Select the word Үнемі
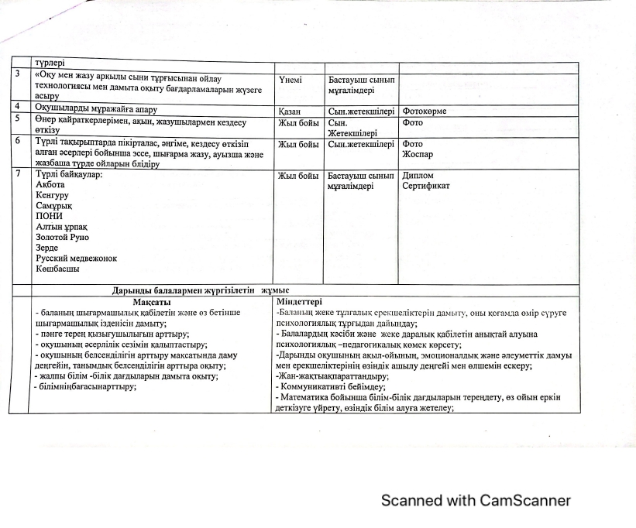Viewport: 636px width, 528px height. click(290, 80)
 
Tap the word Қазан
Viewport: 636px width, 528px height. click(290, 111)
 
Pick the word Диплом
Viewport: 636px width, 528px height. click(418, 176)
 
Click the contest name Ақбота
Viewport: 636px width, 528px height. click(50, 185)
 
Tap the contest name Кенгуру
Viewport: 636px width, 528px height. click(53, 196)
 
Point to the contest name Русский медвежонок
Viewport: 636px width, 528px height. click(76, 258)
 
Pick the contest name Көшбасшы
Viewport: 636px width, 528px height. click(57, 269)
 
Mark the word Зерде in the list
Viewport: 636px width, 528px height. click(47, 248)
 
